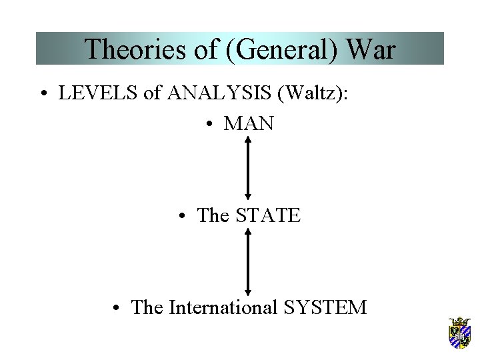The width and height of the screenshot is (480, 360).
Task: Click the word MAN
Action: (x=249, y=124)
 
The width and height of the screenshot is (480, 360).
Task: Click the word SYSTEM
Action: (x=325, y=307)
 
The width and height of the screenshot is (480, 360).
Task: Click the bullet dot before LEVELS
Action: (x=43, y=94)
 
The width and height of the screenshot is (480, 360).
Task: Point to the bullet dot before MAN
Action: (x=209, y=125)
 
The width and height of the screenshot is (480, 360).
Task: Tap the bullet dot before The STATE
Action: (x=182, y=216)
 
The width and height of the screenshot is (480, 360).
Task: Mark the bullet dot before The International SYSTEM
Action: (x=117, y=308)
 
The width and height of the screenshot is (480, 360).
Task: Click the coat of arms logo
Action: (x=459, y=332)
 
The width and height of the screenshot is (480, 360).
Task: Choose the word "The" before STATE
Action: (x=213, y=215)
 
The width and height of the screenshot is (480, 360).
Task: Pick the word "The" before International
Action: (x=147, y=307)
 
